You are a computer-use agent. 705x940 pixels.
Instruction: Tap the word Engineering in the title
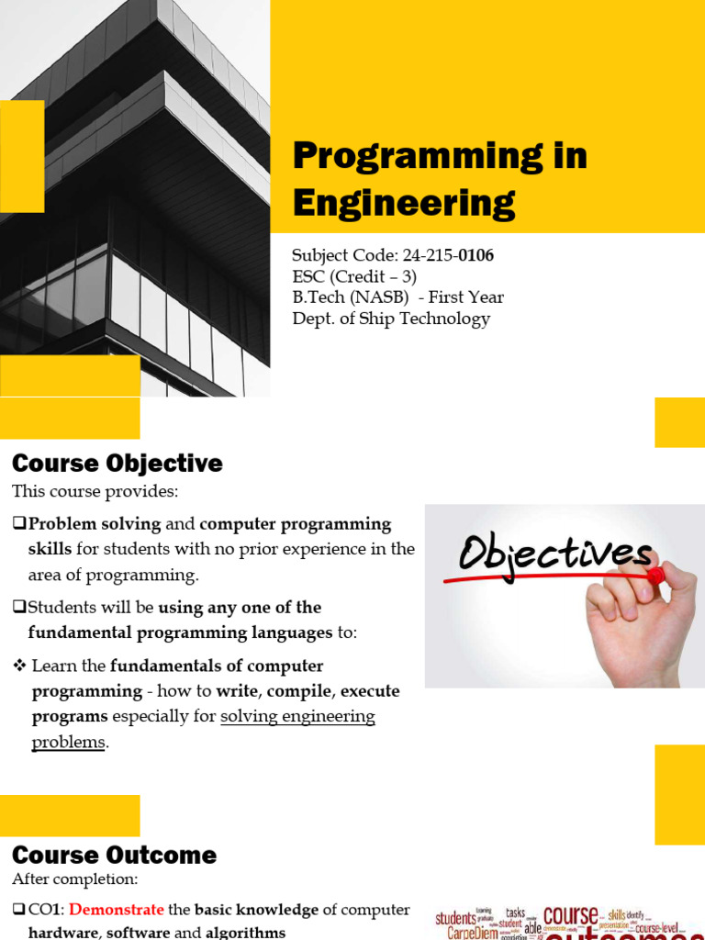pyautogui.click(x=404, y=202)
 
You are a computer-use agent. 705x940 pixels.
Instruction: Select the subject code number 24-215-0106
pyautogui.click(x=448, y=256)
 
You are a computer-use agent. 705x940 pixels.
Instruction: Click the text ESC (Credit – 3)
pyautogui.click(x=354, y=276)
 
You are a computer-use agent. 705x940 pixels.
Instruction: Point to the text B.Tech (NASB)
pyautogui.click(x=347, y=297)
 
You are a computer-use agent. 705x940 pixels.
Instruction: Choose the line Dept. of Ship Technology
pyautogui.click(x=391, y=319)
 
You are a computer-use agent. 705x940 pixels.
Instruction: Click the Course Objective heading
pyautogui.click(x=117, y=463)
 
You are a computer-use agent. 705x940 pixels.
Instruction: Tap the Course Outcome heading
pyautogui.click(x=115, y=856)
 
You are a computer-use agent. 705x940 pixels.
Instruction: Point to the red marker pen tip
pyautogui.click(x=655, y=576)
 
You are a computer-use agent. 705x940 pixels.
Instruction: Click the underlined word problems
pyautogui.click(x=69, y=743)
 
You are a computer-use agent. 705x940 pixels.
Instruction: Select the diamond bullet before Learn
pyautogui.click(x=19, y=666)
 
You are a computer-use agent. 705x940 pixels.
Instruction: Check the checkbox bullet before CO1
pyautogui.click(x=19, y=910)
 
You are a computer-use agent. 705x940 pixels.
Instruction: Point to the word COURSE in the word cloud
pyautogui.click(x=569, y=916)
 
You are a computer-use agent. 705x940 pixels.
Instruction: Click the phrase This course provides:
pyautogui.click(x=95, y=492)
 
